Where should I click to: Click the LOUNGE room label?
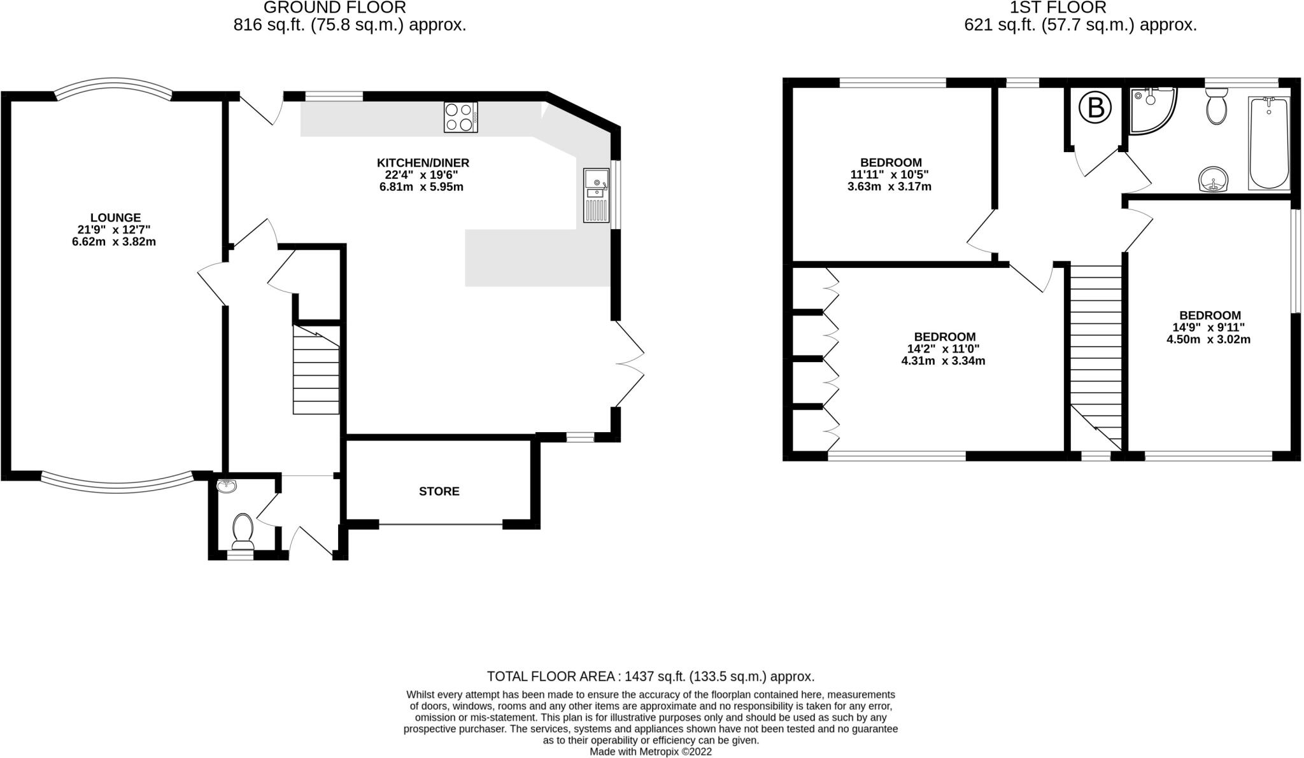(x=115, y=218)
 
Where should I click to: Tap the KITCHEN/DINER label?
(x=423, y=163)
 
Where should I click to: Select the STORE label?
(x=439, y=491)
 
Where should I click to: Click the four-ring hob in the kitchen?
(x=461, y=117)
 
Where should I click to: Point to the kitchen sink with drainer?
(x=596, y=195)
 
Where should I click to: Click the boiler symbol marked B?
(x=1095, y=108)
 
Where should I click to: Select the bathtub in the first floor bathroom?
(x=1269, y=143)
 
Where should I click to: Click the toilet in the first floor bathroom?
(x=1216, y=107)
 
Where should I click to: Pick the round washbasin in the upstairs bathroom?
(x=1215, y=179)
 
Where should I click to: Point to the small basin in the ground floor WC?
(x=226, y=486)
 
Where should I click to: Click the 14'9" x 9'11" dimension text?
(x=1208, y=327)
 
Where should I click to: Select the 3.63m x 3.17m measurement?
(x=889, y=186)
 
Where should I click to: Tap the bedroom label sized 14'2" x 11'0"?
(x=944, y=337)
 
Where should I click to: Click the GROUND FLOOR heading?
(x=334, y=8)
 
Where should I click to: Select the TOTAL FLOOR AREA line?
(x=650, y=676)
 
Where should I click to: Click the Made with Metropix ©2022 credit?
(x=650, y=752)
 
